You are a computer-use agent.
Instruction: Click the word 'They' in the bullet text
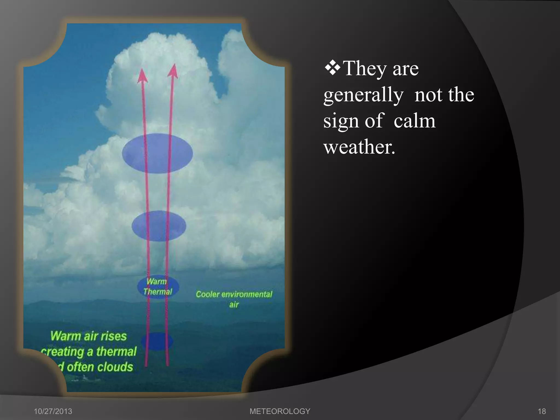coord(364,68)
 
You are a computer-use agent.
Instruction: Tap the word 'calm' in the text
coord(414,121)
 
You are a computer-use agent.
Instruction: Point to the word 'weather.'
coord(359,147)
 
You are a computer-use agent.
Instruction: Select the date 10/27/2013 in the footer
coord(53,411)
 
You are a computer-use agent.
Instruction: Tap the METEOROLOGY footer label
coord(280,411)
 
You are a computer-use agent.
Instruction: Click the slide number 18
coord(542,411)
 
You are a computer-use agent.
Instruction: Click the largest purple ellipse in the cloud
coord(157,153)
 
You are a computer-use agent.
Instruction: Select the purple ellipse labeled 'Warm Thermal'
coord(158,287)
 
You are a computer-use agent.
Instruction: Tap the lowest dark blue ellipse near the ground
coord(157,342)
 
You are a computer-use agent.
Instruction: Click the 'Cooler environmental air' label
coord(234,299)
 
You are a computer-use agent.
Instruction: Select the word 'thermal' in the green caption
coord(116,352)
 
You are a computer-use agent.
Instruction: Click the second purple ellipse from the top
coord(159,226)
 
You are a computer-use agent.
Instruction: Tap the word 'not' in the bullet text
coord(428,95)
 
